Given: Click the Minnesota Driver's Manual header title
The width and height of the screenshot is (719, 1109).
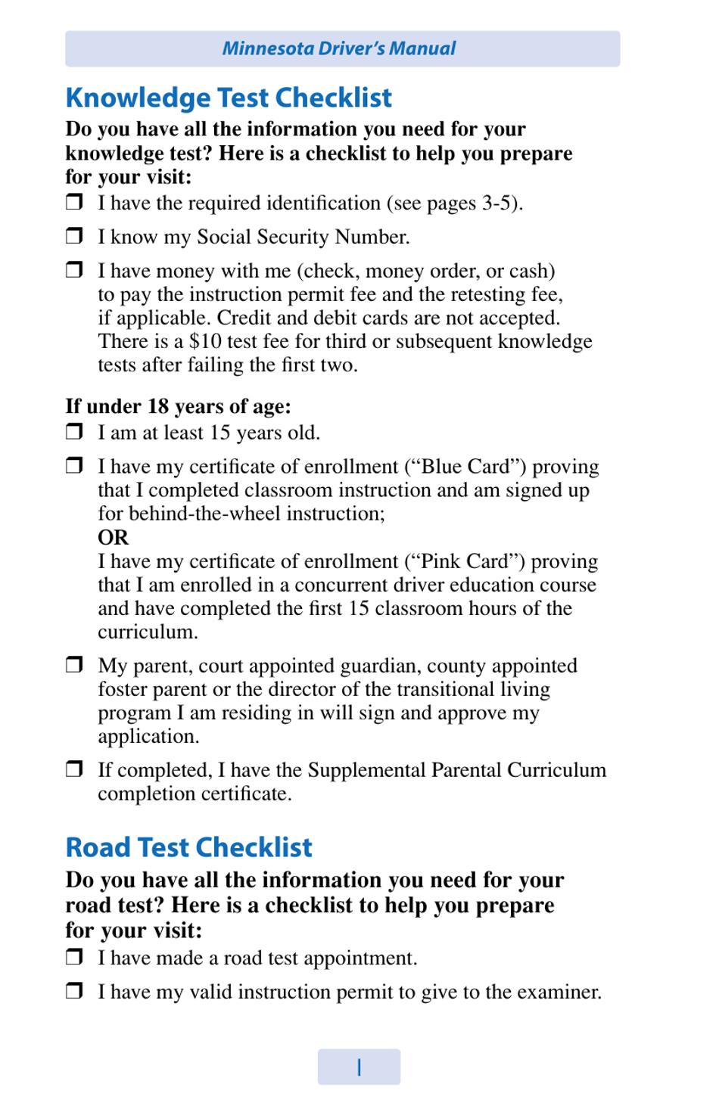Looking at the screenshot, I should pyautogui.click(x=339, y=48).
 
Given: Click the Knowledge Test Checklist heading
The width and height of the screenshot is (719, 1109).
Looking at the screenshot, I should pyautogui.click(x=229, y=98).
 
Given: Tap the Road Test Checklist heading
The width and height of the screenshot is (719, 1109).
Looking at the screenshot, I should pyautogui.click(x=188, y=847).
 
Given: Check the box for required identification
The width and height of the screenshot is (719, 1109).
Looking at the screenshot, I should pyautogui.click(x=74, y=201).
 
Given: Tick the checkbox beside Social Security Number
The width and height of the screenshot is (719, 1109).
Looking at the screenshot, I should pyautogui.click(x=74, y=235).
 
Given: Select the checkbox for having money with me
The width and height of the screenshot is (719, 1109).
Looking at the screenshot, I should pyautogui.click(x=74, y=269).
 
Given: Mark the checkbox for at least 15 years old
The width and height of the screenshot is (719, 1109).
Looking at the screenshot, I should pyautogui.click(x=74, y=431).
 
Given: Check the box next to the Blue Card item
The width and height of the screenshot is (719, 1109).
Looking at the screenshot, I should pyautogui.click(x=74, y=464).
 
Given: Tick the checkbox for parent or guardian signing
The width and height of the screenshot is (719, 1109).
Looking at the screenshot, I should pyautogui.click(x=74, y=664).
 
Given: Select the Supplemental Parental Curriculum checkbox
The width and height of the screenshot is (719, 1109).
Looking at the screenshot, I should pyautogui.click(x=74, y=769).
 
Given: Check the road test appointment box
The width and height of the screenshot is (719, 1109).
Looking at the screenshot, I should pyautogui.click(x=74, y=956).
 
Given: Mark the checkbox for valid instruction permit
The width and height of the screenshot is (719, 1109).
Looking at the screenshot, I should pyautogui.click(x=74, y=990).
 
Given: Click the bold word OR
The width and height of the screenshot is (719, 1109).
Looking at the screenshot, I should pyautogui.click(x=114, y=537).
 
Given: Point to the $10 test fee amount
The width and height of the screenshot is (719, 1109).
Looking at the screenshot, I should pyautogui.click(x=205, y=341).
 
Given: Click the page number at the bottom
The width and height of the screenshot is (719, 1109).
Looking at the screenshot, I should pyautogui.click(x=359, y=1067).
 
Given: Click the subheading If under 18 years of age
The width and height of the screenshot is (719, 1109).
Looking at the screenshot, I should pyautogui.click(x=178, y=406).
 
